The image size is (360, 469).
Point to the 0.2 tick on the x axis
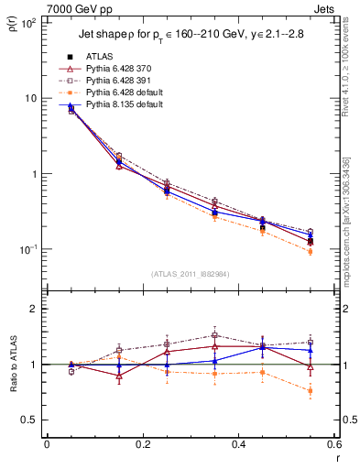click(142, 445)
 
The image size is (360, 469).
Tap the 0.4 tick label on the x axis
click(238, 445)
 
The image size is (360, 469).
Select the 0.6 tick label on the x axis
click(333, 445)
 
